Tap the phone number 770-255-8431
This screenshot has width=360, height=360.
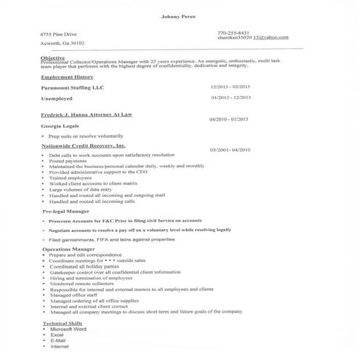pos(233,33)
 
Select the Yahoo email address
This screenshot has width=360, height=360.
pos(252,38)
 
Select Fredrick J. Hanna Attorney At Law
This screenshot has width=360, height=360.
pos(88,114)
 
